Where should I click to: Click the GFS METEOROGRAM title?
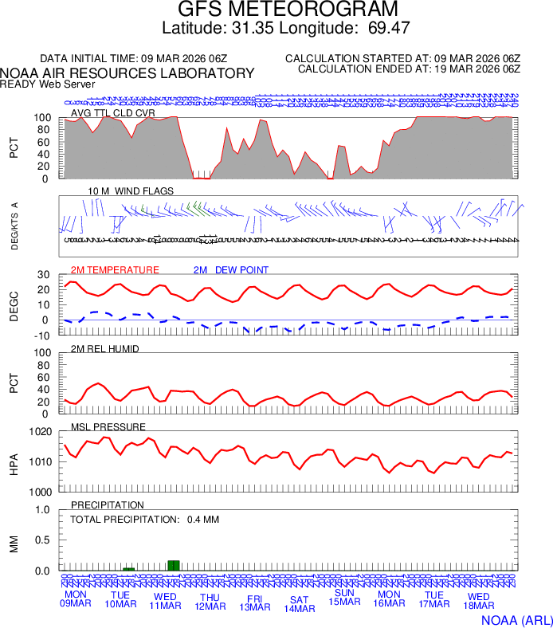[x=288, y=10]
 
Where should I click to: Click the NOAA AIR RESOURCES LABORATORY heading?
[x=127, y=73]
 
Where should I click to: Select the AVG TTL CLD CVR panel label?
[x=113, y=113]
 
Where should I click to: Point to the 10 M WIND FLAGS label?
[x=131, y=191]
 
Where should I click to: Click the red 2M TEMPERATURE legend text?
[x=115, y=270]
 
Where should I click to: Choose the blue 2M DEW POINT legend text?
[x=231, y=270]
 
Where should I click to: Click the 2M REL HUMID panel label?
[x=105, y=349]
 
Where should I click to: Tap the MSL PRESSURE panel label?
[x=108, y=427]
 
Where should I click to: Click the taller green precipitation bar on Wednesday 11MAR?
[x=175, y=565]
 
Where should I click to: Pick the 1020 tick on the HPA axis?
[x=41, y=432]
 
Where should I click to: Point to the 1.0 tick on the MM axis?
[x=43, y=510]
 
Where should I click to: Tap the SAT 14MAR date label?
[x=299, y=604]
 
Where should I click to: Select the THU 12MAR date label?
[x=210, y=602]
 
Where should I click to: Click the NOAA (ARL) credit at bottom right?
[x=516, y=619]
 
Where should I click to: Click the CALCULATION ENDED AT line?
[x=409, y=69]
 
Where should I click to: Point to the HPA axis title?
[x=14, y=462]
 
